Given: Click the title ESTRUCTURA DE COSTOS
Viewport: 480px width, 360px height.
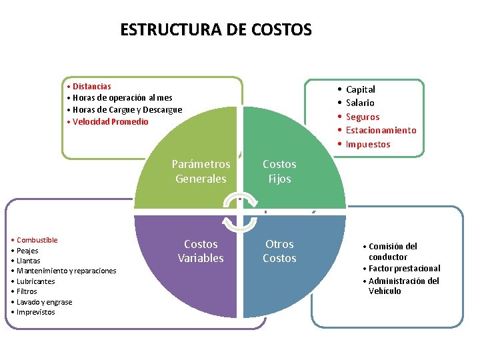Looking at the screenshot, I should (215, 30).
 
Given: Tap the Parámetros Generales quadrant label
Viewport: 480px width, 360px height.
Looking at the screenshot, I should (201, 171).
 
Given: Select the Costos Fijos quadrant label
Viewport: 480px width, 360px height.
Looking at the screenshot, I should (279, 171).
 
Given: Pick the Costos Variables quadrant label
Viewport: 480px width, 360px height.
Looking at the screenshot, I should (201, 251).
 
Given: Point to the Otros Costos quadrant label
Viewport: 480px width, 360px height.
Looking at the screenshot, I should (279, 251).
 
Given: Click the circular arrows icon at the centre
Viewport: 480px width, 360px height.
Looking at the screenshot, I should (239, 211).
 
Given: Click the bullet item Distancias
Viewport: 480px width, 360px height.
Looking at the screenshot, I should (91, 86).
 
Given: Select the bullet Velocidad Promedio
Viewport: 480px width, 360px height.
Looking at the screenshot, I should (110, 122).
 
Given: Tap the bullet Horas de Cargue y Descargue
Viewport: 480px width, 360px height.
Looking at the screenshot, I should (127, 110).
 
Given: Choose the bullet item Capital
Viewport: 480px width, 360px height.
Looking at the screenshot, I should (360, 89).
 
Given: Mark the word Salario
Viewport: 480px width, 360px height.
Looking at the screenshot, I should (360, 103).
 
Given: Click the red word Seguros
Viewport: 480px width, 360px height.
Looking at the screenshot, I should (362, 117).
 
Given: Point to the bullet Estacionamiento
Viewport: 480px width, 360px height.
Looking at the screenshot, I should (381, 131).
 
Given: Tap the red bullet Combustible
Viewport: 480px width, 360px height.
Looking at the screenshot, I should (37, 240).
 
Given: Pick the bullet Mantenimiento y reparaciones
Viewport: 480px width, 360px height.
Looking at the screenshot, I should (66, 271).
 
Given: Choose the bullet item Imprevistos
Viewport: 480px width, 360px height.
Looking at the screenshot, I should (36, 312).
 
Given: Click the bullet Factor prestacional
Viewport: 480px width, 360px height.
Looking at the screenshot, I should (404, 268).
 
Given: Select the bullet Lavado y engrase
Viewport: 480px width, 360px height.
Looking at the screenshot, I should (45, 302).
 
